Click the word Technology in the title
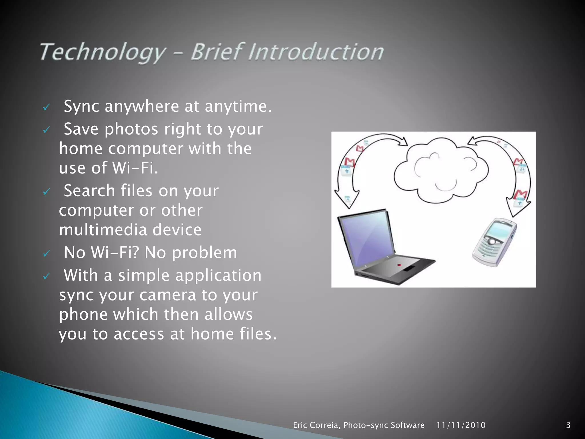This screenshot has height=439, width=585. pyautogui.click(x=102, y=52)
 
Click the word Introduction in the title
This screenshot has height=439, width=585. pyautogui.click(x=316, y=52)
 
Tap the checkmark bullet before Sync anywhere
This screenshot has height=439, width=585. pyautogui.click(x=46, y=107)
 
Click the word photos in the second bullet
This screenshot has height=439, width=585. pyautogui.click(x=131, y=129)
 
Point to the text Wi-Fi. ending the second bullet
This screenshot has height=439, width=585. pyautogui.click(x=135, y=167)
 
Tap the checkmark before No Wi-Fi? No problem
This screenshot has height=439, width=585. pyautogui.click(x=46, y=254)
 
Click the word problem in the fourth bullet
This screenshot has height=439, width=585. pyautogui.click(x=204, y=253)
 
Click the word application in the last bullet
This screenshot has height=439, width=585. pyautogui.click(x=218, y=276)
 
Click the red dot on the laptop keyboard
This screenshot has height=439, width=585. pyautogui.click(x=399, y=265)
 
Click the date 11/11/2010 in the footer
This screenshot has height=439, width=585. pyautogui.click(x=461, y=425)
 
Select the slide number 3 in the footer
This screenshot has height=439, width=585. pyautogui.click(x=568, y=425)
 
